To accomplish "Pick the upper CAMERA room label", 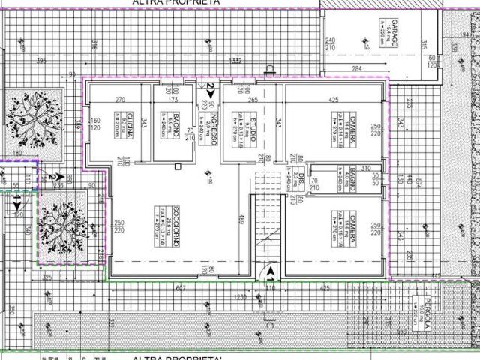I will (x=350, y=128).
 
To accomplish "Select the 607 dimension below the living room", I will (x=180, y=287).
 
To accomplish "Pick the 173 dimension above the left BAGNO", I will (x=174, y=99).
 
